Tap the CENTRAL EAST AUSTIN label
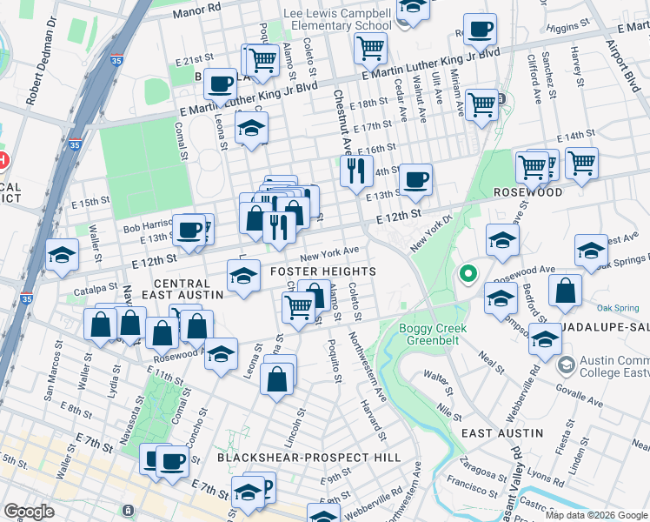click(x=182, y=290)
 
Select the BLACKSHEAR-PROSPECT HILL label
click(x=308, y=457)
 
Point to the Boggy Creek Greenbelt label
click(x=433, y=334)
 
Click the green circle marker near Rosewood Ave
click(x=468, y=276)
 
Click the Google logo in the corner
click(x=29, y=511)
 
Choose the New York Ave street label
click(x=329, y=252)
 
